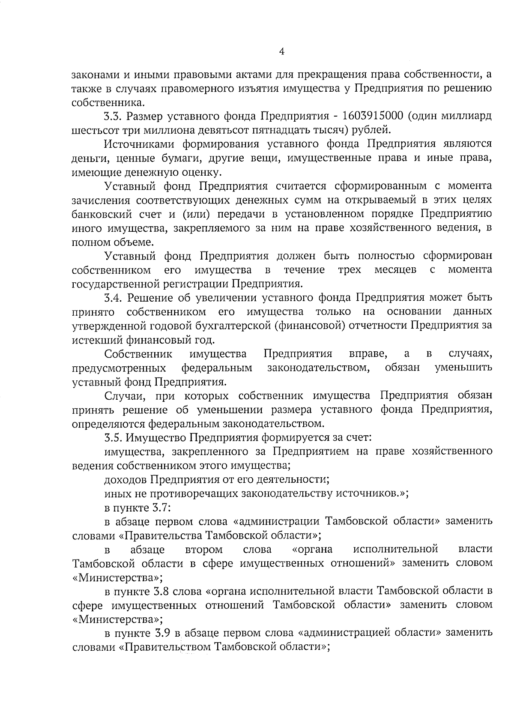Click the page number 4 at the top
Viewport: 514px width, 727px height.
[281, 52]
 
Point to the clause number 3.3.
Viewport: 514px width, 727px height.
[114, 116]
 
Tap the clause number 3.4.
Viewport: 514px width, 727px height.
[114, 297]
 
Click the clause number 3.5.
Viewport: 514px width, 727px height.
[114, 438]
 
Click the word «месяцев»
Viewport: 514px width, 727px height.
[395, 270]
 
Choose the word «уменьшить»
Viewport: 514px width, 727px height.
[463, 368]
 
